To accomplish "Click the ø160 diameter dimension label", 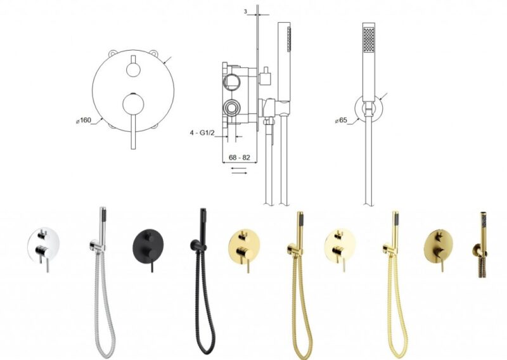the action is point(84,120).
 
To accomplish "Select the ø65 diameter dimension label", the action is point(341,120).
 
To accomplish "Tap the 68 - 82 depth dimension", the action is point(240,158).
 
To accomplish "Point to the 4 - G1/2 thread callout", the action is point(202,132).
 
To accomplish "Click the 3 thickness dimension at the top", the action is point(245,11).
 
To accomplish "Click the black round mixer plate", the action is point(148,243).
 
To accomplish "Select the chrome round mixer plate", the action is point(43,243).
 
